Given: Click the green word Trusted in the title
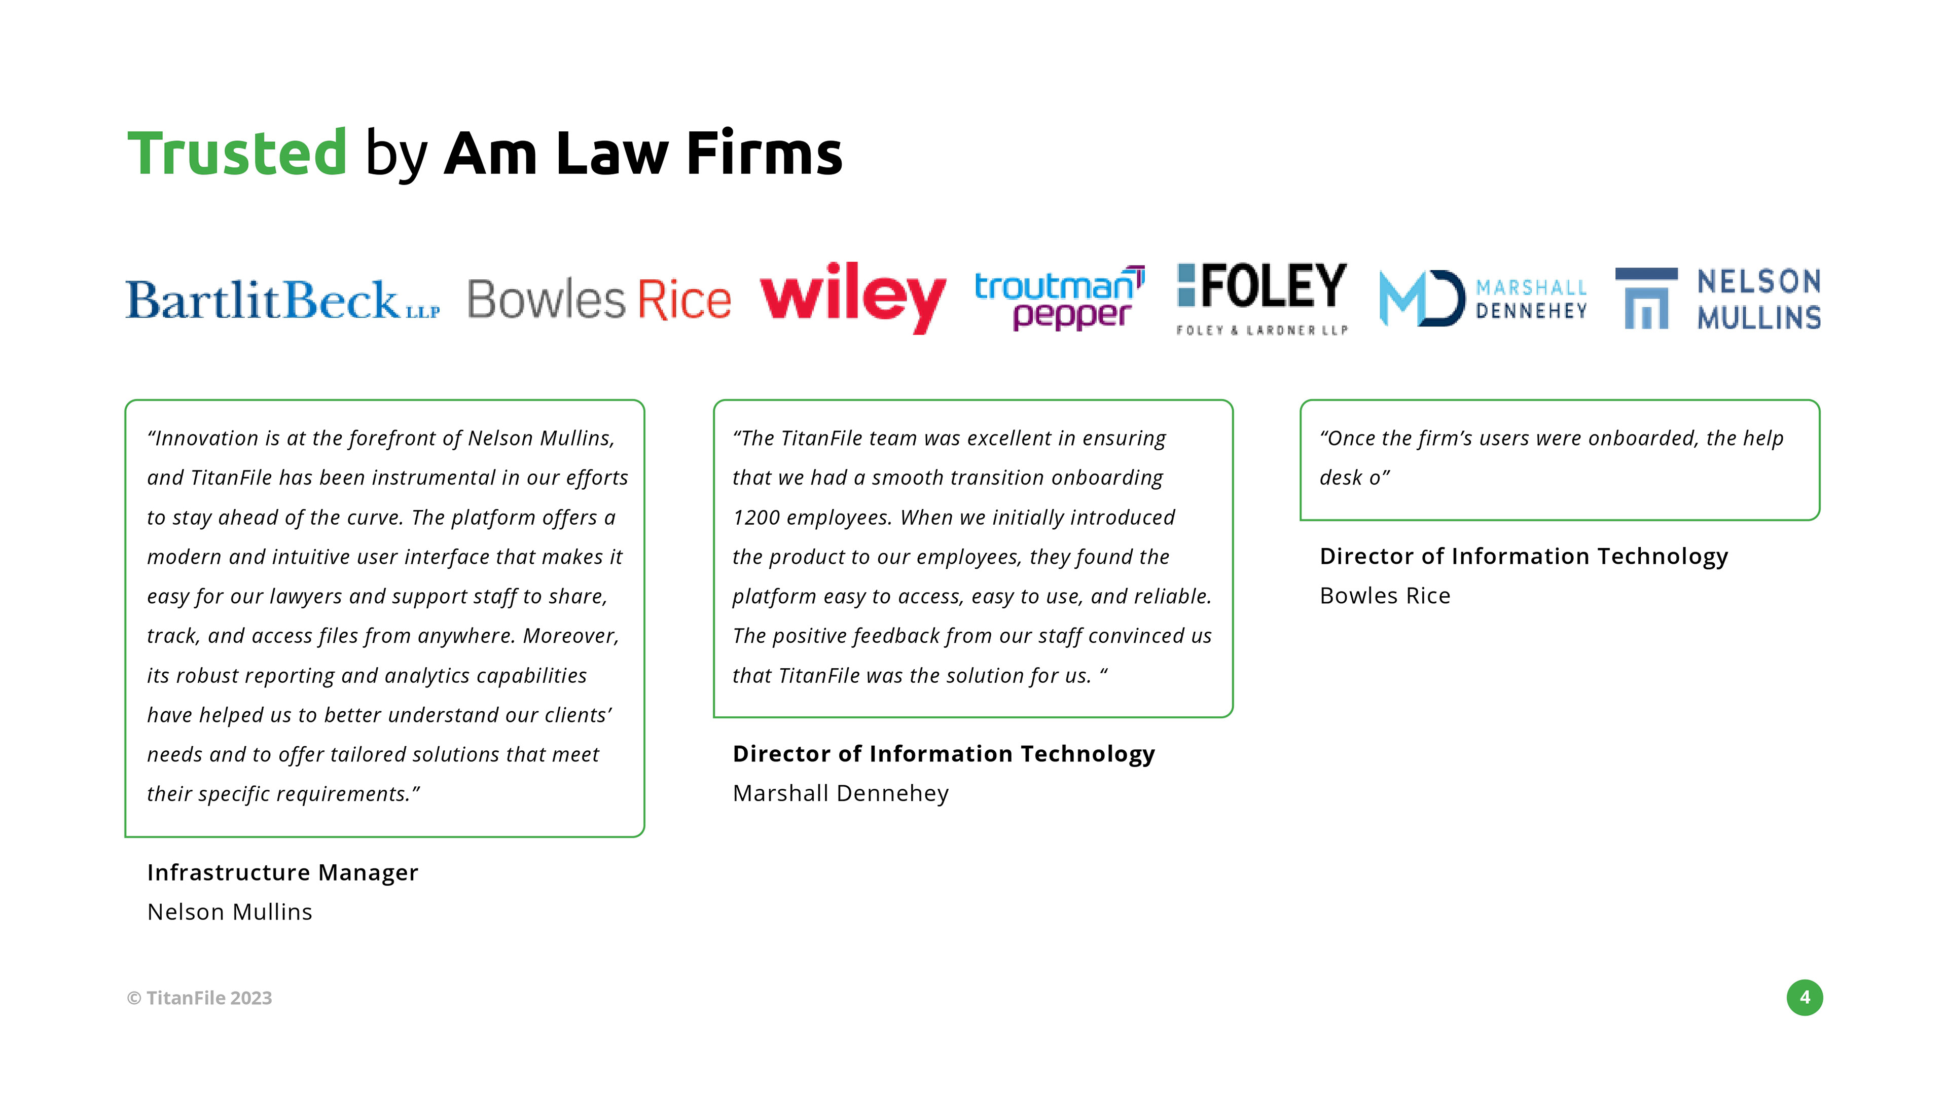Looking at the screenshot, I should [237, 154].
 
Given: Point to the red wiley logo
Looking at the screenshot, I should [852, 297].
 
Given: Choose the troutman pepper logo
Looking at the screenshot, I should [1059, 299].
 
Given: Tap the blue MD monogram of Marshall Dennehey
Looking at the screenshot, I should [1421, 299].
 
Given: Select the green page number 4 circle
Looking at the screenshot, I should [1804, 998].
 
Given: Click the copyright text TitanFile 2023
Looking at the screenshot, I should [200, 998].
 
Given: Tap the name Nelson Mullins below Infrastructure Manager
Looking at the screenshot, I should [230, 912].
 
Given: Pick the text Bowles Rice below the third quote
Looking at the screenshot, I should [1385, 596].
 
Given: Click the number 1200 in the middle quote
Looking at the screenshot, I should [756, 518].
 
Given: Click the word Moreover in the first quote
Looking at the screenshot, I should [569, 636].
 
